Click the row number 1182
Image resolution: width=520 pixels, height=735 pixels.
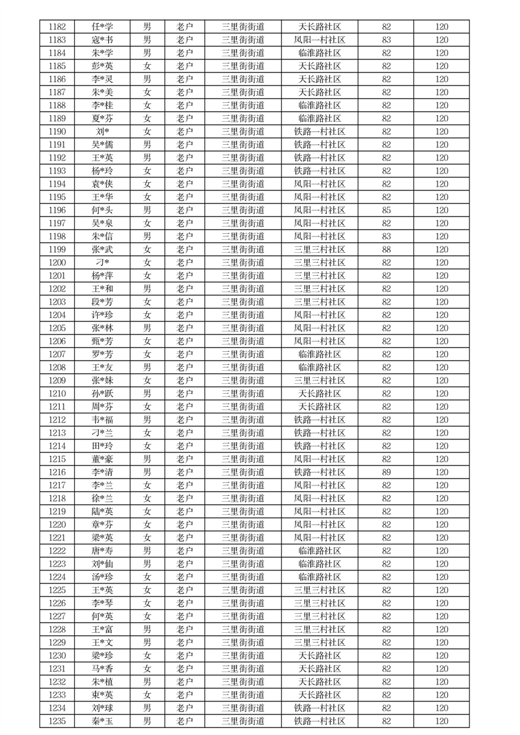click(57, 27)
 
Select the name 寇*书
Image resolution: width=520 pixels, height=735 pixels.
click(102, 40)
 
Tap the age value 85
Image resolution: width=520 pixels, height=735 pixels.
click(386, 210)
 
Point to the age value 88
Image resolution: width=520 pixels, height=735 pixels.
click(386, 250)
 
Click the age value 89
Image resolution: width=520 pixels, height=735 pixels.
click(386, 472)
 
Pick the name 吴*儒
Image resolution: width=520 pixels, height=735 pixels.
click(102, 145)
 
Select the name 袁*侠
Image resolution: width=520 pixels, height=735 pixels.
click(102, 184)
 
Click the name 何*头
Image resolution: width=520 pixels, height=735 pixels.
click(102, 210)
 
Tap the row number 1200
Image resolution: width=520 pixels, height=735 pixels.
click(57, 263)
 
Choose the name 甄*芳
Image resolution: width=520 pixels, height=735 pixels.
click(102, 341)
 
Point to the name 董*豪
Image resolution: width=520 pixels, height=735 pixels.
click(102, 459)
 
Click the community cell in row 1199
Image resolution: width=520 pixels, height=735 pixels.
click(320, 250)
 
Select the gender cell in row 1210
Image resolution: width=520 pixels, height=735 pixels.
click(147, 394)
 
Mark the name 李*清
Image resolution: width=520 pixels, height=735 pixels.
click(102, 472)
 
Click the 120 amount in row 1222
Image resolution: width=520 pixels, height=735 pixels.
click(442, 551)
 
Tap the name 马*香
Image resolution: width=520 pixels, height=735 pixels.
click(102, 669)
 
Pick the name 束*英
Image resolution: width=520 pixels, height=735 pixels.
click(102, 695)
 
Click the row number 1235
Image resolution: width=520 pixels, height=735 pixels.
click(57, 721)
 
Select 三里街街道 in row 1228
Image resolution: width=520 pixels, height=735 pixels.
click(243, 630)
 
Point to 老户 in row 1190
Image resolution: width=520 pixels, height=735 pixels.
click(185, 132)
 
